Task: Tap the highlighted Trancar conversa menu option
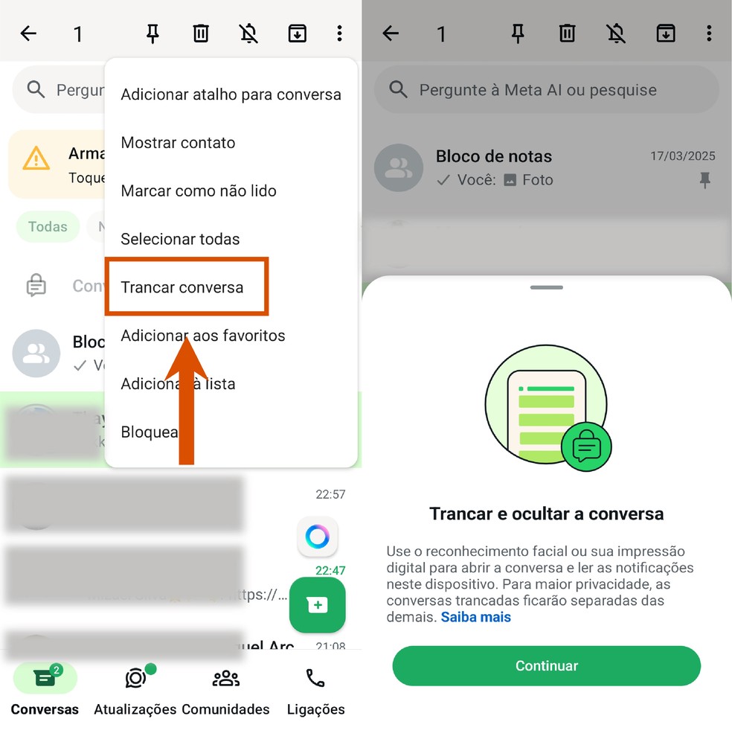click(x=182, y=287)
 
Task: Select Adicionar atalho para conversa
click(x=231, y=95)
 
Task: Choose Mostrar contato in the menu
click(x=178, y=143)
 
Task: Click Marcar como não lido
click(x=199, y=191)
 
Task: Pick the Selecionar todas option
click(x=180, y=239)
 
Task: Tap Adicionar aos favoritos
click(x=203, y=336)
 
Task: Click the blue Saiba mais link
click(x=476, y=617)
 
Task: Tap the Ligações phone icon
click(x=315, y=678)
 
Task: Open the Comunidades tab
click(x=225, y=678)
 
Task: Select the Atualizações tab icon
click(x=135, y=678)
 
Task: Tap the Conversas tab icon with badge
click(x=45, y=678)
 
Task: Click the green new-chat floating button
click(x=318, y=605)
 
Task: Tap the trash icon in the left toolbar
click(x=201, y=33)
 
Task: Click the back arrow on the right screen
click(x=391, y=33)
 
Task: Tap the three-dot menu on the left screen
click(x=339, y=33)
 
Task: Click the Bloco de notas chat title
click(x=494, y=156)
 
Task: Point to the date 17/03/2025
click(x=683, y=156)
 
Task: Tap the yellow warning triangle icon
click(x=36, y=159)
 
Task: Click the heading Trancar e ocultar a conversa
click(x=547, y=514)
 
